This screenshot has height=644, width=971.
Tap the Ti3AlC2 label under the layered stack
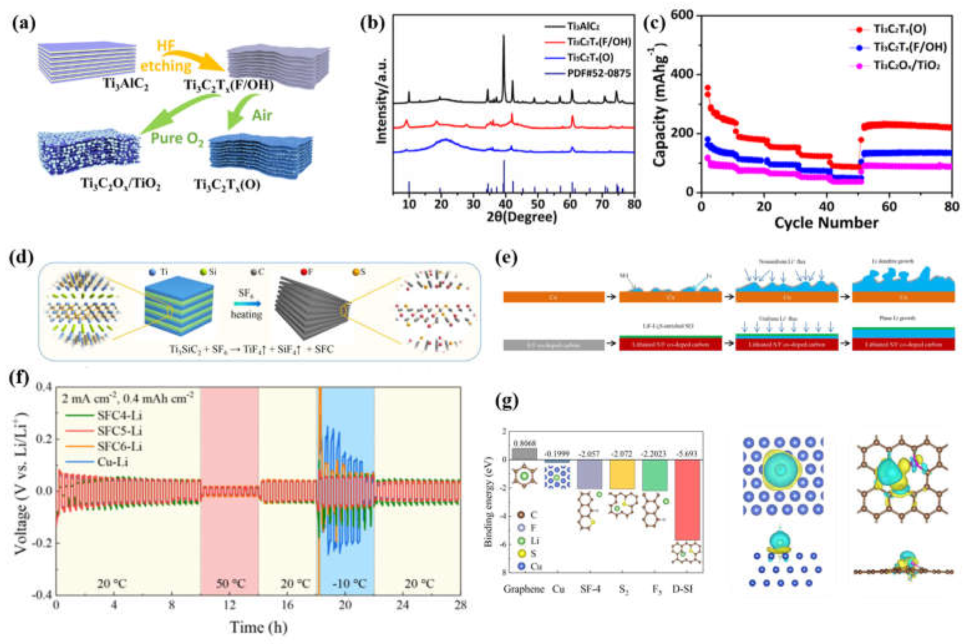[x=126, y=85]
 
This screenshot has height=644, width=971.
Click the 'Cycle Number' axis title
[x=826, y=222]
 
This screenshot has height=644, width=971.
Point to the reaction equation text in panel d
[x=251, y=349]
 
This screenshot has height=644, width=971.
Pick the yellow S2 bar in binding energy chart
[x=622, y=474]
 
